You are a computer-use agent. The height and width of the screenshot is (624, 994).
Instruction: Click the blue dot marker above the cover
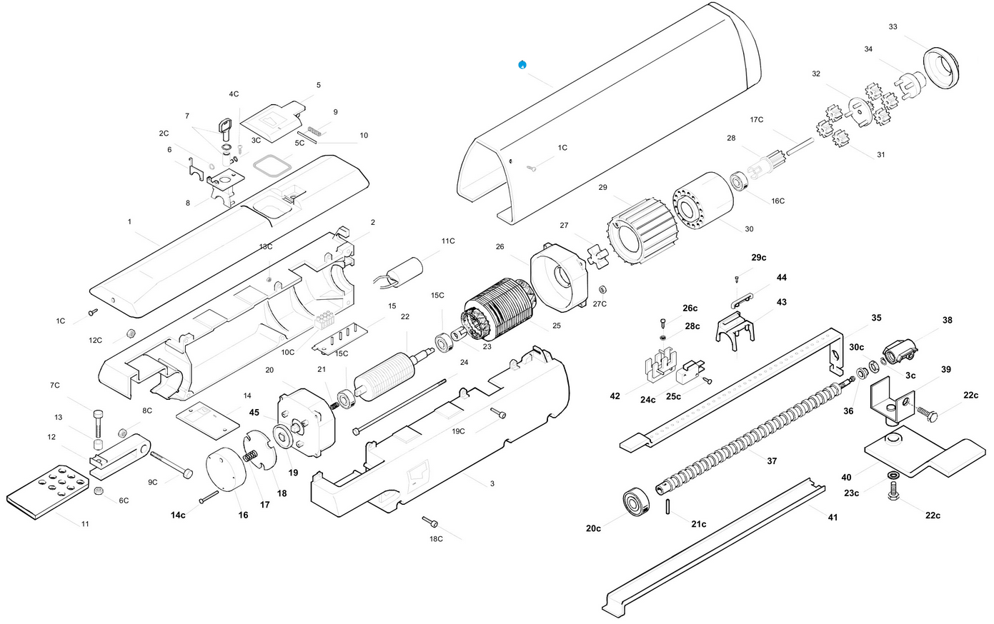[522, 65]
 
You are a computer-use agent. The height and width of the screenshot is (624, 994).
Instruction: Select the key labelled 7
[225, 129]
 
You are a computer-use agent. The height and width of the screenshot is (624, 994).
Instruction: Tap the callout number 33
[893, 26]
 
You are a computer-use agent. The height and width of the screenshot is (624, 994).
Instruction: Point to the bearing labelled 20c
[636, 503]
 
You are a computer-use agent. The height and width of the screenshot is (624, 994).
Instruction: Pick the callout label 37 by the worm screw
[772, 461]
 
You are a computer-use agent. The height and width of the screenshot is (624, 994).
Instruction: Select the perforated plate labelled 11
[48, 492]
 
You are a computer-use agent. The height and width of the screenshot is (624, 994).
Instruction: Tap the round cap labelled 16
[226, 469]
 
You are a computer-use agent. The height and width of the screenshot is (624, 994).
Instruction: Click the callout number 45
[254, 413]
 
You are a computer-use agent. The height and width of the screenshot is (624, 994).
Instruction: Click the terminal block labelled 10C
[324, 319]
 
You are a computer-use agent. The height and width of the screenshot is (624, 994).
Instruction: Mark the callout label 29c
[758, 257]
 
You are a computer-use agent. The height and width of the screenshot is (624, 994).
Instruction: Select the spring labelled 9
[315, 130]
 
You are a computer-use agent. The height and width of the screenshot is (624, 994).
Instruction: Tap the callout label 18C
[436, 539]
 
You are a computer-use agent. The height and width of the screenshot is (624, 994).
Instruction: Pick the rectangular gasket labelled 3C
[272, 166]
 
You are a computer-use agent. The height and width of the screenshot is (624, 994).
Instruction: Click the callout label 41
[833, 517]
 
